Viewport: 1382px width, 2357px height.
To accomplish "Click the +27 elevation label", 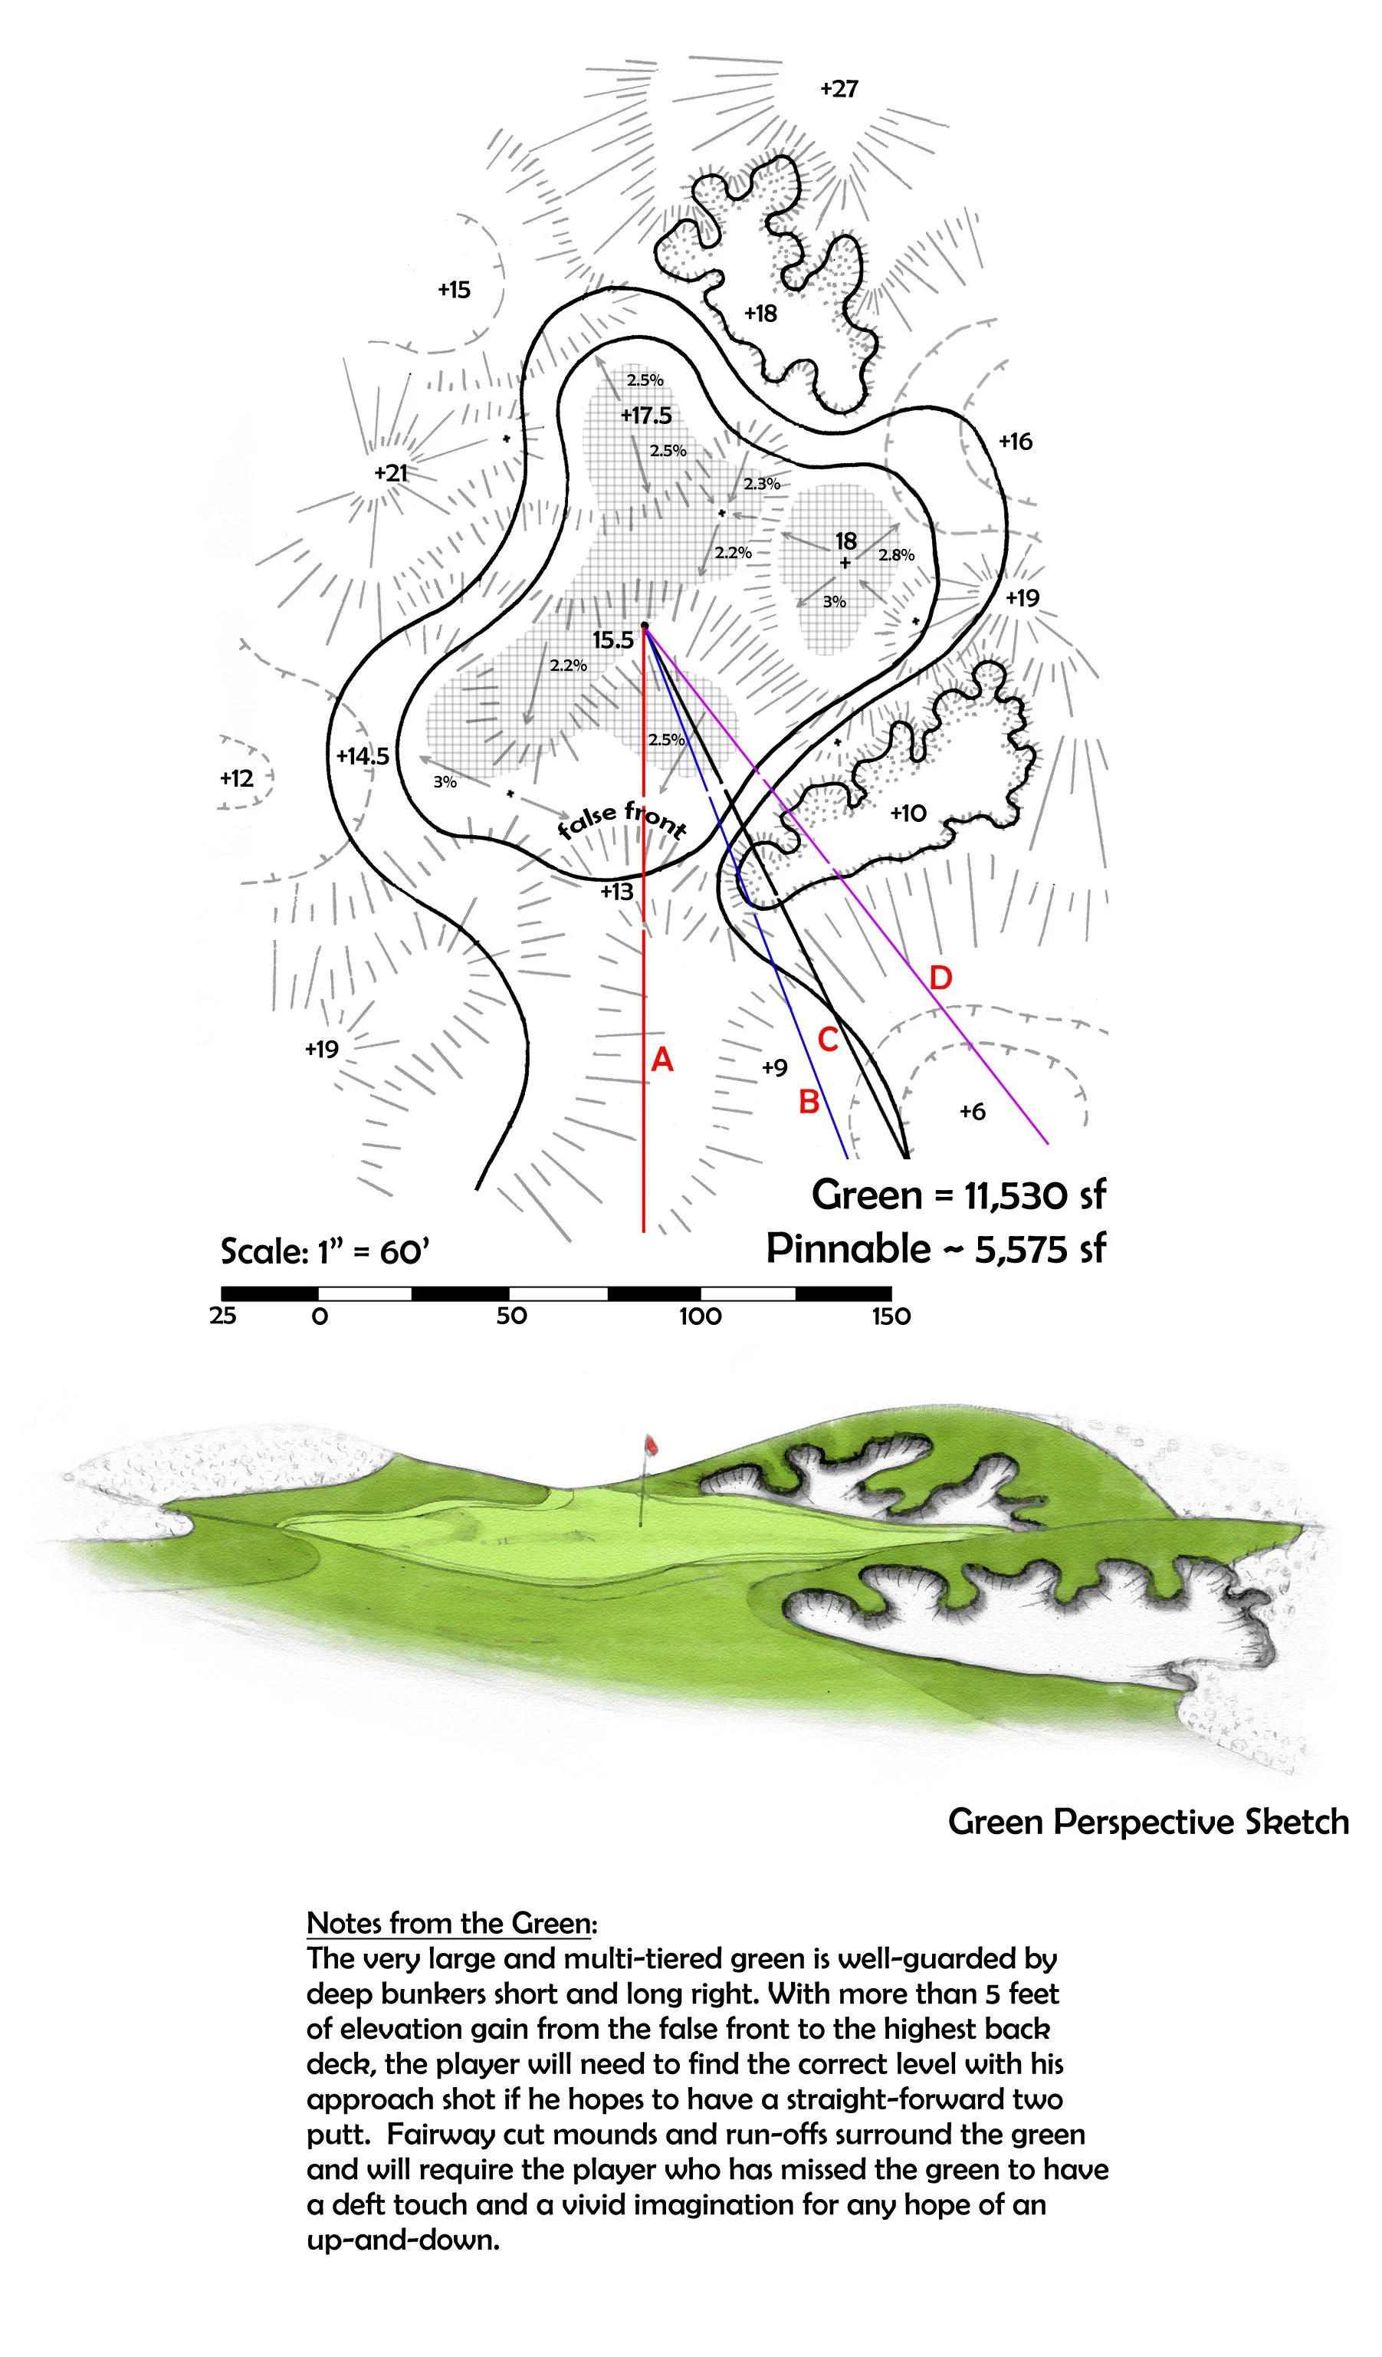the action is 839,89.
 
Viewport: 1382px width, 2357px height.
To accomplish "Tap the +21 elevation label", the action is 391,472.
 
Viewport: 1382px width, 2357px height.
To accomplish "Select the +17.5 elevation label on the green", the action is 646,416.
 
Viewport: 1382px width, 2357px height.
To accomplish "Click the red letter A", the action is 662,1060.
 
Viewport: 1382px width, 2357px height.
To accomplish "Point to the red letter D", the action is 940,978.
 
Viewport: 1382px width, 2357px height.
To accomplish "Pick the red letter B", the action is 809,1102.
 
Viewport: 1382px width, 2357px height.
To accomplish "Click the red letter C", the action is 828,1039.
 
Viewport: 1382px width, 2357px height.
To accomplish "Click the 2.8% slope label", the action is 896,554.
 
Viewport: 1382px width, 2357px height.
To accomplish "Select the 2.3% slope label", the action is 761,484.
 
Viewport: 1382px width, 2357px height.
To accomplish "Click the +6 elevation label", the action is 973,1111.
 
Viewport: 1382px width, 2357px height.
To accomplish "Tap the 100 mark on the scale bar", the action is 701,1316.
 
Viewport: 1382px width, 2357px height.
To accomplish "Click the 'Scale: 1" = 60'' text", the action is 324,1251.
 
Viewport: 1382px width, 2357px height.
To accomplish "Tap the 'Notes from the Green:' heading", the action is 451,1923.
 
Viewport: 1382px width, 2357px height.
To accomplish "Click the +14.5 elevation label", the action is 363,756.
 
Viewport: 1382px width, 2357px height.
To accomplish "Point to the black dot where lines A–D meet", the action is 645,625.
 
